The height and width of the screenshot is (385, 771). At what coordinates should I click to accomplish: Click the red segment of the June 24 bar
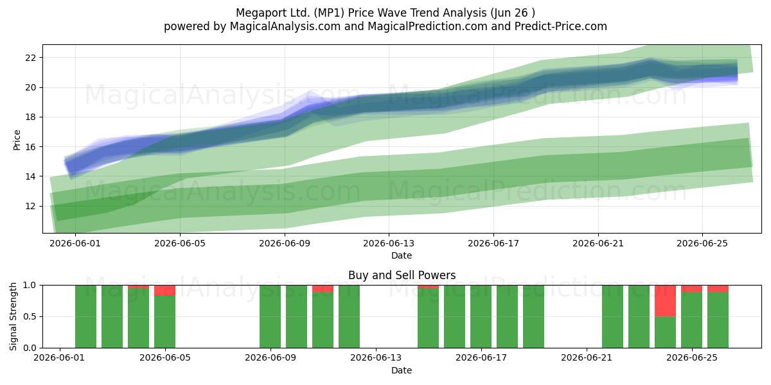(x=665, y=301)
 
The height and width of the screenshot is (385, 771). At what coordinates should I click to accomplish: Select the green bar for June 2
(x=85, y=316)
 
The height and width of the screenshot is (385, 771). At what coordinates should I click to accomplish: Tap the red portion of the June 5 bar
(x=164, y=290)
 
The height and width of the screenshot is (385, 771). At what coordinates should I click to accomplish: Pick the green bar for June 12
(x=349, y=316)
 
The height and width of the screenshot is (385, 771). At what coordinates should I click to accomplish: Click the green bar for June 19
(x=533, y=316)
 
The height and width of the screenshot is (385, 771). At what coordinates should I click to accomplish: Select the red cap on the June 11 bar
(x=323, y=289)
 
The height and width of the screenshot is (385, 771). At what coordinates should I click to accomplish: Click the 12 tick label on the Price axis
(x=30, y=206)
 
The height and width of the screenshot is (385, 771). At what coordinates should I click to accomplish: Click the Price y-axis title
(x=17, y=140)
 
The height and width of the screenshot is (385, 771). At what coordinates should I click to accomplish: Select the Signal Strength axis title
(x=13, y=316)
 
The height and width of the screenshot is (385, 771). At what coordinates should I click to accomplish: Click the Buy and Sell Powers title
(x=402, y=275)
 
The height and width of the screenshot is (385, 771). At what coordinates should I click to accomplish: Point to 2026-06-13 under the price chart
(x=389, y=243)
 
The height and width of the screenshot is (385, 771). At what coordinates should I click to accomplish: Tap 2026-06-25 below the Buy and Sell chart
(x=692, y=358)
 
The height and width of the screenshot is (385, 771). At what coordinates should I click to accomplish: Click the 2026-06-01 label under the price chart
(x=75, y=243)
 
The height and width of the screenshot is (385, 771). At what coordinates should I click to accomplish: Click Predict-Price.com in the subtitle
(x=561, y=26)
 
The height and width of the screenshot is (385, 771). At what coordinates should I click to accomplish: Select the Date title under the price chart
(x=402, y=255)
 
